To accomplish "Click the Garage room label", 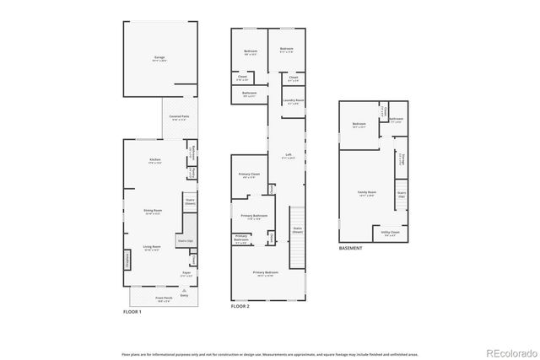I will pos(159,57).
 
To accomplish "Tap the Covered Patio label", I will pos(179,116).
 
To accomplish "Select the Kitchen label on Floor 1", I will pos(155,160).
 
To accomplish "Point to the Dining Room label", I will pos(154,212).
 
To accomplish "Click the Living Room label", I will pos(153,247).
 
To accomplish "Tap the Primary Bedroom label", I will pos(265,272).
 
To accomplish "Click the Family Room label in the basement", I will pos(366,192).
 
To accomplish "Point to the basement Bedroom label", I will pos(359,125).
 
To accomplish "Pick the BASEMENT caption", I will pos(350,249).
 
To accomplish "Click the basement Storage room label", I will pos(402,160).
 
